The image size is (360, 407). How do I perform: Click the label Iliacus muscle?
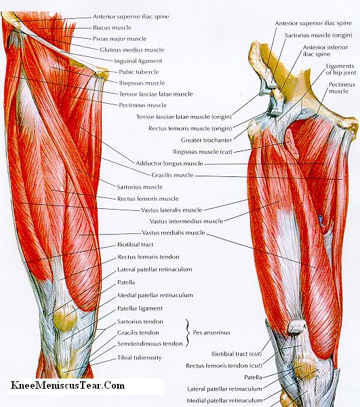tap(112, 28)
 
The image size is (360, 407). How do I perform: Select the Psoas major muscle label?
tap(119, 39)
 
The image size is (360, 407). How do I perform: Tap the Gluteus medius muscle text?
tap(132, 50)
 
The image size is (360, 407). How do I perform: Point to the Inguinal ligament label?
tap(138, 61)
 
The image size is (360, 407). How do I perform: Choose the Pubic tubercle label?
tap(139, 72)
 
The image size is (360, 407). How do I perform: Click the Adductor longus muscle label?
tap(169, 163)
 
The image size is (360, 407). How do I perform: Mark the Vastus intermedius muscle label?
tap(186, 221)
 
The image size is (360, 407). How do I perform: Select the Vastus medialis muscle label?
tap(174, 233)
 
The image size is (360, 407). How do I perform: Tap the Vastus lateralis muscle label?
tap(172, 210)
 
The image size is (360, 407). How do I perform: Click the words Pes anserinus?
tap(212, 332)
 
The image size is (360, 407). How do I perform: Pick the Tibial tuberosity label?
tap(139, 357)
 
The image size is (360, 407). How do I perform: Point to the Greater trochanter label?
tap(206, 140)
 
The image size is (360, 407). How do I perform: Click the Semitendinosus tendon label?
tap(150, 344)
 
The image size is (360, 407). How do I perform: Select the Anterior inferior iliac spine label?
tap(325, 51)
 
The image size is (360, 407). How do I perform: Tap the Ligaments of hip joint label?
tap(341, 69)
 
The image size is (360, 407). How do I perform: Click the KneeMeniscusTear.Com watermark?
tap(68, 385)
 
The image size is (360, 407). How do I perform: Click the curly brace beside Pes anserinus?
tap(187, 333)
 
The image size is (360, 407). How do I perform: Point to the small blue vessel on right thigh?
tap(321, 219)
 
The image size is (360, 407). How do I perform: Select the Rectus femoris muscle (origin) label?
tap(190, 128)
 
